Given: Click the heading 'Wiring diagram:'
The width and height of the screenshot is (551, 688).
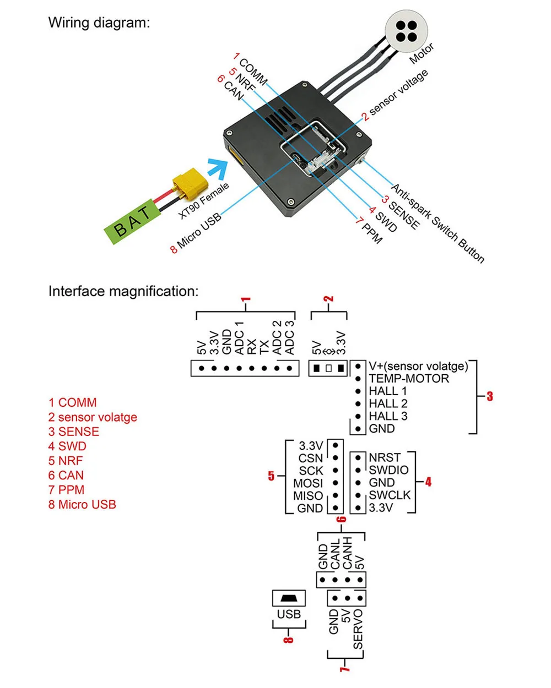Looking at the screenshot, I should click(x=99, y=23).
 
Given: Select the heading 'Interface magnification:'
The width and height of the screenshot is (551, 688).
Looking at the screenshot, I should click(x=123, y=291).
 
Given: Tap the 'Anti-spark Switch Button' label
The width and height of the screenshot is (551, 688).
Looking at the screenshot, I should click(x=438, y=223).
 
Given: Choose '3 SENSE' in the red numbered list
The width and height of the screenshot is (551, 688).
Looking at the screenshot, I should click(x=73, y=432).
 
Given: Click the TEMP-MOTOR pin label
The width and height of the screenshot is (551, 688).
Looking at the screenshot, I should click(x=408, y=379).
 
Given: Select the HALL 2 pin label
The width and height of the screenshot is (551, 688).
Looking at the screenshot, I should click(x=388, y=403).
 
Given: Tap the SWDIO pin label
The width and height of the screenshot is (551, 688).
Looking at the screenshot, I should click(x=388, y=470).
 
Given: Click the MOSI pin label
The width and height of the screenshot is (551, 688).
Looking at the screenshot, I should click(x=308, y=483).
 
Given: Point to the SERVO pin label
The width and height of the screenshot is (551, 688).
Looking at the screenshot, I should click(x=358, y=629).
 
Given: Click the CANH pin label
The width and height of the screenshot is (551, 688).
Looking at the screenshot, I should click(x=347, y=553).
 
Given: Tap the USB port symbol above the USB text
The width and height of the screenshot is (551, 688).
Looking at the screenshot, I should click(x=288, y=598).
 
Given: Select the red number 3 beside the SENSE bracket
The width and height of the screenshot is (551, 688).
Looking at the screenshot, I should click(x=490, y=396).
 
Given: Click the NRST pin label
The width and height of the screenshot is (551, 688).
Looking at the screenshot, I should click(x=384, y=457).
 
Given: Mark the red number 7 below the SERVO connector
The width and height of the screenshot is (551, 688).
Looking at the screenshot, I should click(x=344, y=667).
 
